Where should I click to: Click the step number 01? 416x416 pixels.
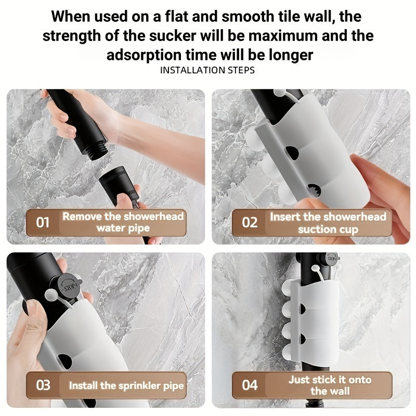pos(43,223)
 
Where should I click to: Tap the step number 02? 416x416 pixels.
pos(250,223)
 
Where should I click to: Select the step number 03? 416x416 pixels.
pos(43,385)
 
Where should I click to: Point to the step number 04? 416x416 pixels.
pos(250,385)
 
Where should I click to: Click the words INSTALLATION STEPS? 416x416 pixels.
pos(207,70)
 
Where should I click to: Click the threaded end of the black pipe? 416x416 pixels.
pos(99,152)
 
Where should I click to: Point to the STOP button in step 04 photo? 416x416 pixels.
pos(332,258)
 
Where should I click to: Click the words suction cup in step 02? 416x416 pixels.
pos(328,229)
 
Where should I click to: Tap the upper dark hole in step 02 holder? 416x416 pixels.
pos(292,153)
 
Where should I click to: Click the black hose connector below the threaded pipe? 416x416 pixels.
pos(119,183)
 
